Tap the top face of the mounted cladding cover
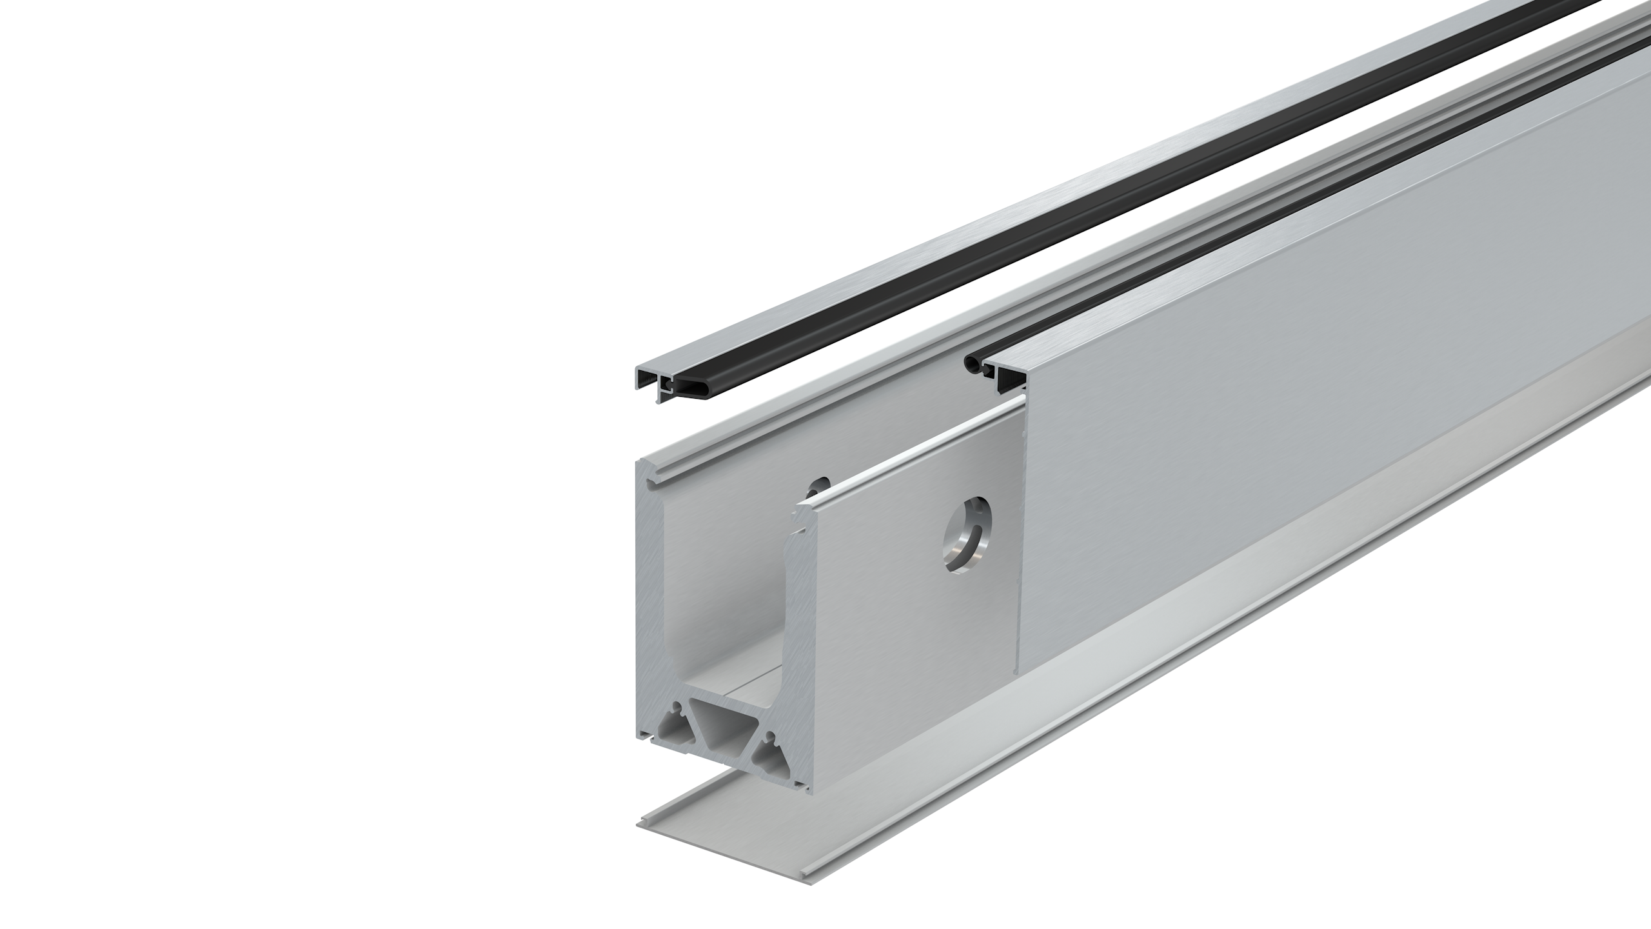click(x=1290, y=213)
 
